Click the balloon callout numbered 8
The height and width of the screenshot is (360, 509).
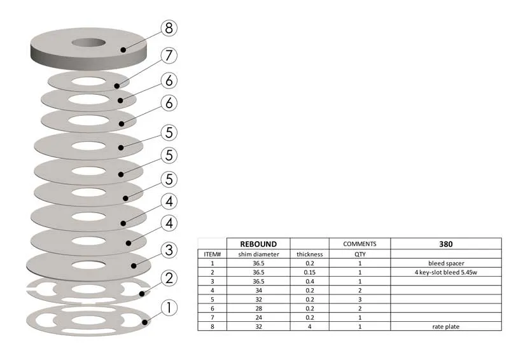[x=169, y=28]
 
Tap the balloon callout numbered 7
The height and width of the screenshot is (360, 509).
[x=169, y=55]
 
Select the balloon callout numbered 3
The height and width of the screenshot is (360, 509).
[x=169, y=250]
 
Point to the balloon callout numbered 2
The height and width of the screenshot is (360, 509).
[x=169, y=278]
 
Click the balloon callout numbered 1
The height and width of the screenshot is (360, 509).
[x=169, y=307]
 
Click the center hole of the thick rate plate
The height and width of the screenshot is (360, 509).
[x=88, y=43]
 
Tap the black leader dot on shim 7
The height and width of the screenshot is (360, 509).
[x=117, y=87]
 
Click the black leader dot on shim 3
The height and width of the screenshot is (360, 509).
[x=134, y=266]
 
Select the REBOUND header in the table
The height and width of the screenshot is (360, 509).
[x=258, y=244]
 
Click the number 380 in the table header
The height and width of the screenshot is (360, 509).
[x=446, y=244]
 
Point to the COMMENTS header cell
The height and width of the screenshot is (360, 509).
[x=359, y=244]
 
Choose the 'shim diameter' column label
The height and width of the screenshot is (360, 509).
[x=258, y=254]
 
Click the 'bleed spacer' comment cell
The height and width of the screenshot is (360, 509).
[x=446, y=263]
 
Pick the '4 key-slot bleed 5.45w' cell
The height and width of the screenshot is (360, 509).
[x=446, y=272]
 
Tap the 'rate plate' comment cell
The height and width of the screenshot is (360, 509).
[x=446, y=326]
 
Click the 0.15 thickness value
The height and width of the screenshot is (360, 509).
[x=310, y=272]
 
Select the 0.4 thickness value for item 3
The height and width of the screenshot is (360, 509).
[x=310, y=281]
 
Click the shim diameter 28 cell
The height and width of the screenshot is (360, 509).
[x=258, y=308]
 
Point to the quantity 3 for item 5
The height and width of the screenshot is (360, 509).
[x=359, y=300]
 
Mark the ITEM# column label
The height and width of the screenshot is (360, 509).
[x=213, y=254]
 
